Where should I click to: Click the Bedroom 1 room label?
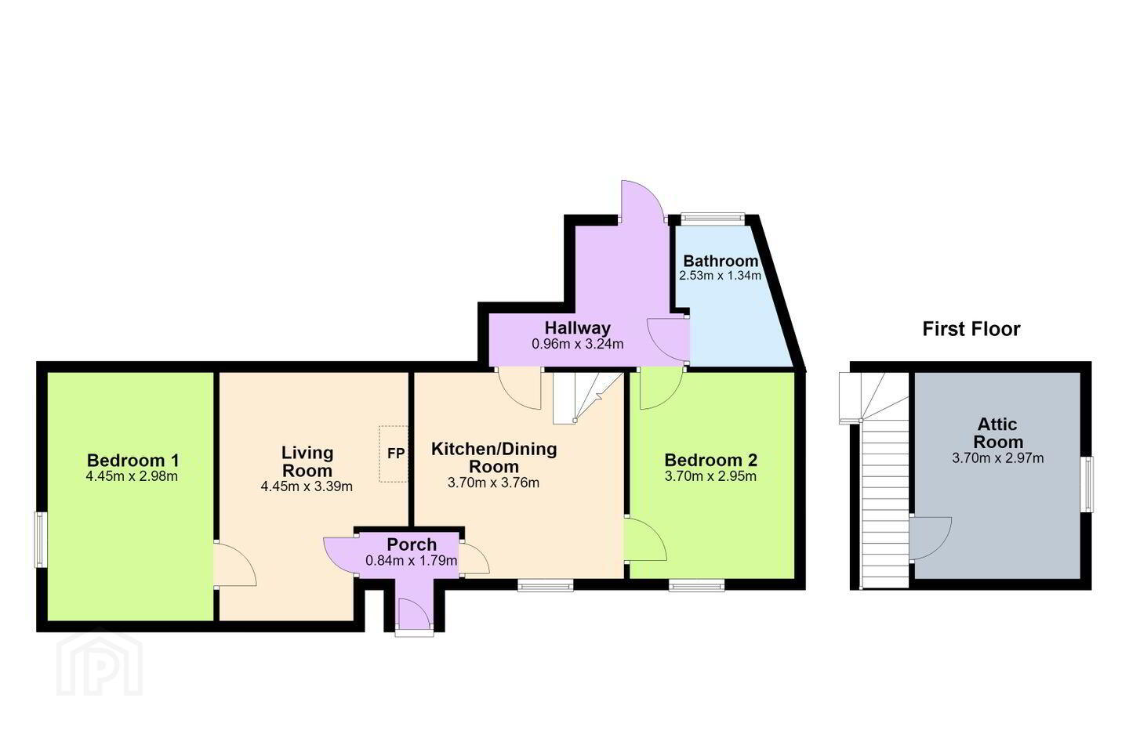pyautogui.click(x=133, y=460)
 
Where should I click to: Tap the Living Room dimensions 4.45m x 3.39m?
pyautogui.click(x=307, y=486)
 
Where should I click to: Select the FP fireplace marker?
pyautogui.click(x=396, y=454)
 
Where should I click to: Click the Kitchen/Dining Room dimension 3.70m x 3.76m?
pyautogui.click(x=493, y=483)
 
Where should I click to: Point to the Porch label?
pyautogui.click(x=412, y=544)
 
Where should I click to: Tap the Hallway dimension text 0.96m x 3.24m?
pyautogui.click(x=578, y=344)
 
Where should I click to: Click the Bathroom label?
pyautogui.click(x=721, y=261)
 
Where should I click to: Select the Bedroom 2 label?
pyautogui.click(x=710, y=460)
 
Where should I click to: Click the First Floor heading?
pyautogui.click(x=971, y=329)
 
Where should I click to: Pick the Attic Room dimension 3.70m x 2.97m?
pyautogui.click(x=998, y=458)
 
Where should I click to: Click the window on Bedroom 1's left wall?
pyautogui.click(x=38, y=540)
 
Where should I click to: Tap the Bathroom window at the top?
pyautogui.click(x=713, y=219)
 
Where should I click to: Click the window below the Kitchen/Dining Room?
pyautogui.click(x=546, y=585)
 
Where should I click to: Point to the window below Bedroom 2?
pyautogui.click(x=697, y=585)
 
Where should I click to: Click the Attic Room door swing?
pyautogui.click(x=931, y=538)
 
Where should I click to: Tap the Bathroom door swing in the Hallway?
pyautogui.click(x=668, y=340)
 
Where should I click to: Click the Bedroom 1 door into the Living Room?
pyautogui.click(x=235, y=564)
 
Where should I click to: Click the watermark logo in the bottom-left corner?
pyautogui.click(x=100, y=663)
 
